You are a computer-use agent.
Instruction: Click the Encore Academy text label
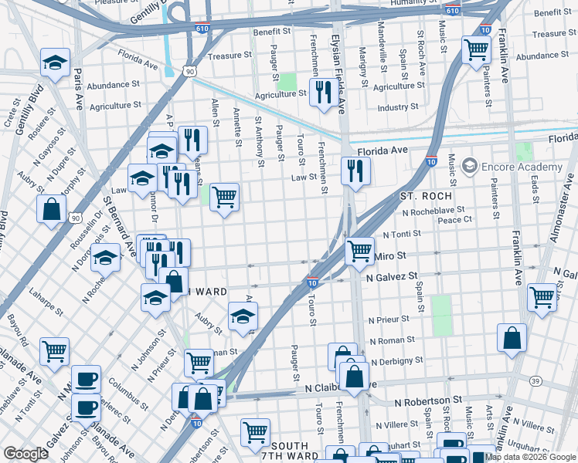tap(522, 167)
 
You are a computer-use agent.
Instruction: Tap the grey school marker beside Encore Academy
tap(468, 166)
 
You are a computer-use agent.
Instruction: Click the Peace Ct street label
tap(455, 220)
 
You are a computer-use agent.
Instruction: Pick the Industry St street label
tap(397, 107)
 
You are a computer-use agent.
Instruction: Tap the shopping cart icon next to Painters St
tap(476, 50)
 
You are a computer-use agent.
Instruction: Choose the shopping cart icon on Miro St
tap(359, 251)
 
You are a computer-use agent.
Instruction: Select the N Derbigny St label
tap(397, 360)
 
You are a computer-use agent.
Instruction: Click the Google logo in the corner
tap(25, 454)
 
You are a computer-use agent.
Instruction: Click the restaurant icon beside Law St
tap(355, 171)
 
